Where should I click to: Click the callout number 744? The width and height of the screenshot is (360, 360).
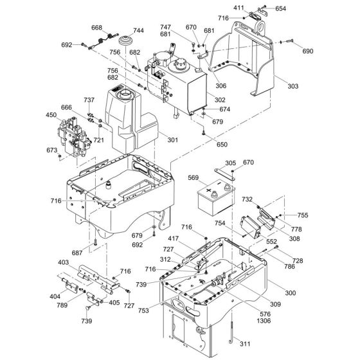click(138, 30)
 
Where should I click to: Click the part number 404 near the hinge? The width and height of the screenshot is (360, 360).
click(57, 296)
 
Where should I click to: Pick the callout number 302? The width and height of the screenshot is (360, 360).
click(220, 100)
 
